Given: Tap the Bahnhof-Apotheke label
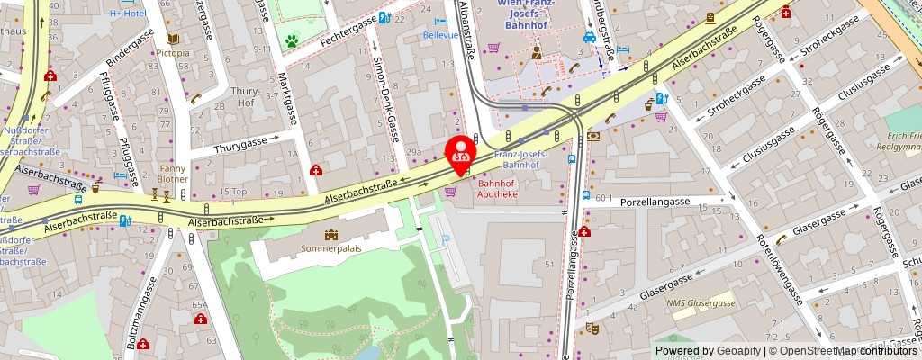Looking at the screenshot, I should click(x=491, y=192).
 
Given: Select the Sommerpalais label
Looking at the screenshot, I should click(x=330, y=247).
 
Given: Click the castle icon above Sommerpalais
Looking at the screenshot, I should click(x=330, y=234).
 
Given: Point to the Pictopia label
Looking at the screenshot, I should click(x=173, y=53).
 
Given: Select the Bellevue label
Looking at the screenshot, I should click(x=440, y=35).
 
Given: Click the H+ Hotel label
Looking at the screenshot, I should click(x=127, y=13).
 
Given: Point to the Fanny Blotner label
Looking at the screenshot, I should click(x=174, y=173).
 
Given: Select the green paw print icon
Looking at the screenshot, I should click(x=292, y=40).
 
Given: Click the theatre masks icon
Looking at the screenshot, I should click(x=591, y=328).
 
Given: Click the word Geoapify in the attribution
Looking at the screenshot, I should click(x=737, y=351).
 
